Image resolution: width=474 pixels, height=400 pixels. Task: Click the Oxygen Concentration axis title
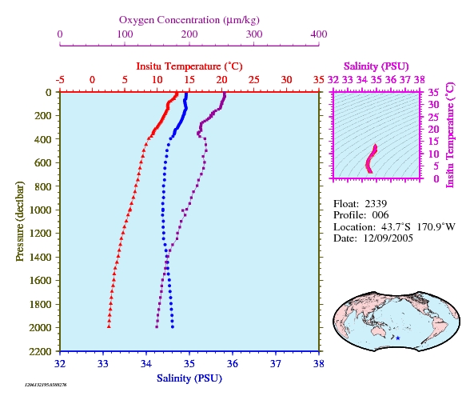(189, 20)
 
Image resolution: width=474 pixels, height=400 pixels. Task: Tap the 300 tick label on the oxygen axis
(254, 34)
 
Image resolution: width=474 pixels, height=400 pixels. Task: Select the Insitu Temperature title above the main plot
(189, 66)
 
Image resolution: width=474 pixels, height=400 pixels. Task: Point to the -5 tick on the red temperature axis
(60, 80)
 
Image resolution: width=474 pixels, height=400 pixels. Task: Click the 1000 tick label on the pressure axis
(40, 210)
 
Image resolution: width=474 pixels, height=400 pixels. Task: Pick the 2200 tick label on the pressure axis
(40, 351)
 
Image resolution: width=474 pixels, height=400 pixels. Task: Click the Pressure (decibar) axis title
(20, 221)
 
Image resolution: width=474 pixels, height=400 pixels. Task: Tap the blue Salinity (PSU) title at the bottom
(189, 378)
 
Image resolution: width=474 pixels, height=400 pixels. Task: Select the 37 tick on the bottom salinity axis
(276, 364)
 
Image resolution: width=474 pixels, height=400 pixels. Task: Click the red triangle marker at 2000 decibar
(109, 326)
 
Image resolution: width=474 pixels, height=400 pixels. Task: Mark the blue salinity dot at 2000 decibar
(173, 326)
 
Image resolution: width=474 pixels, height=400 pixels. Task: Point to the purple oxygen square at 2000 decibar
(157, 326)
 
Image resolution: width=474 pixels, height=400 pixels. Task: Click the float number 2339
(376, 204)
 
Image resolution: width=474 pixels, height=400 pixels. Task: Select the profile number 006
(380, 215)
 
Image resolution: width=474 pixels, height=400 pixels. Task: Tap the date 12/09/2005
(388, 238)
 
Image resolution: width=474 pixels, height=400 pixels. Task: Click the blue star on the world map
(398, 338)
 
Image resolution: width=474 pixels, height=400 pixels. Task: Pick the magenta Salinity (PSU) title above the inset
(376, 66)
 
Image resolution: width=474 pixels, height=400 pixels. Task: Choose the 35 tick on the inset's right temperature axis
(433, 92)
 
